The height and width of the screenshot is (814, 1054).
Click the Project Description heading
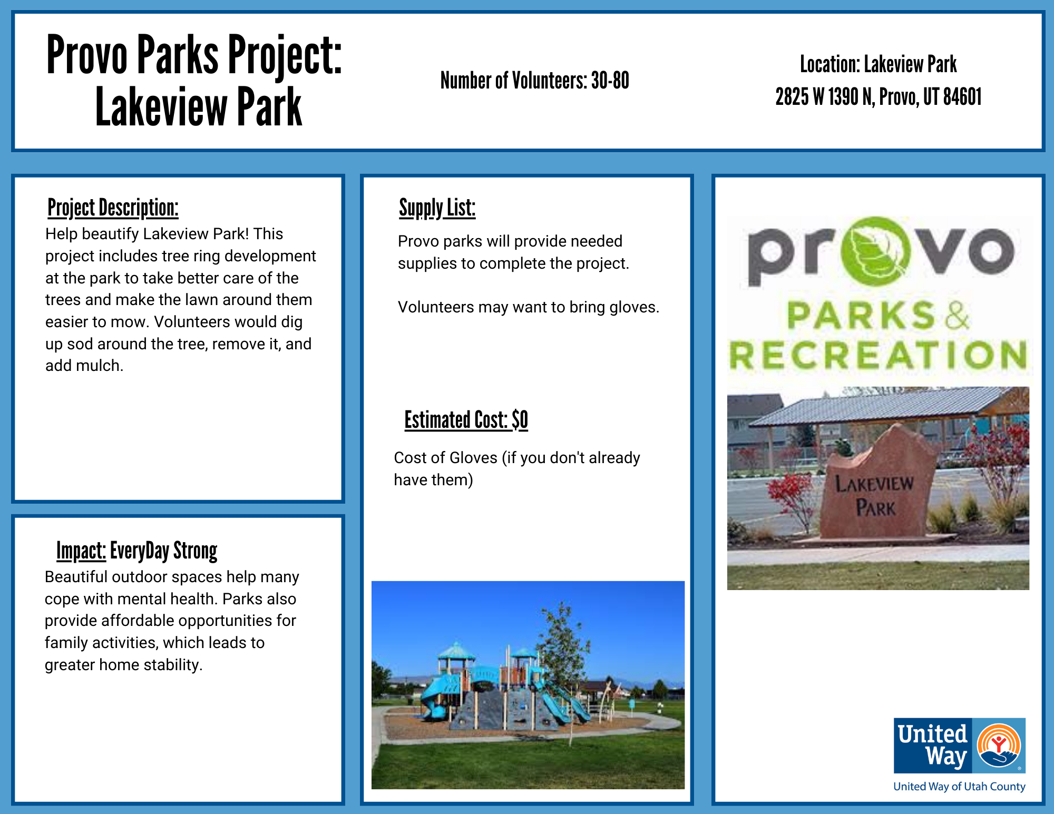113,208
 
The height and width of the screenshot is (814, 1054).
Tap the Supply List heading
437,208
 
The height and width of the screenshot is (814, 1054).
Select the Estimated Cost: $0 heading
466,420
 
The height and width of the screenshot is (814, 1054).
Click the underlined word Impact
81,551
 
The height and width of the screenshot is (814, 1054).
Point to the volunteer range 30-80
610,81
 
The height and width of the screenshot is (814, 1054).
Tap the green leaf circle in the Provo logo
875,251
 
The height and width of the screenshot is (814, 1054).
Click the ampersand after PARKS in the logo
956,316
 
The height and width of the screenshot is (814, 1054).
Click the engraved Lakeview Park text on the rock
875,495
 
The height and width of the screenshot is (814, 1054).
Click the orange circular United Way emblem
999,746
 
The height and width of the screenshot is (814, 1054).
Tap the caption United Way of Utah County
959,787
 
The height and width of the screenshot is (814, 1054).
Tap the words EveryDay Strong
164,551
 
